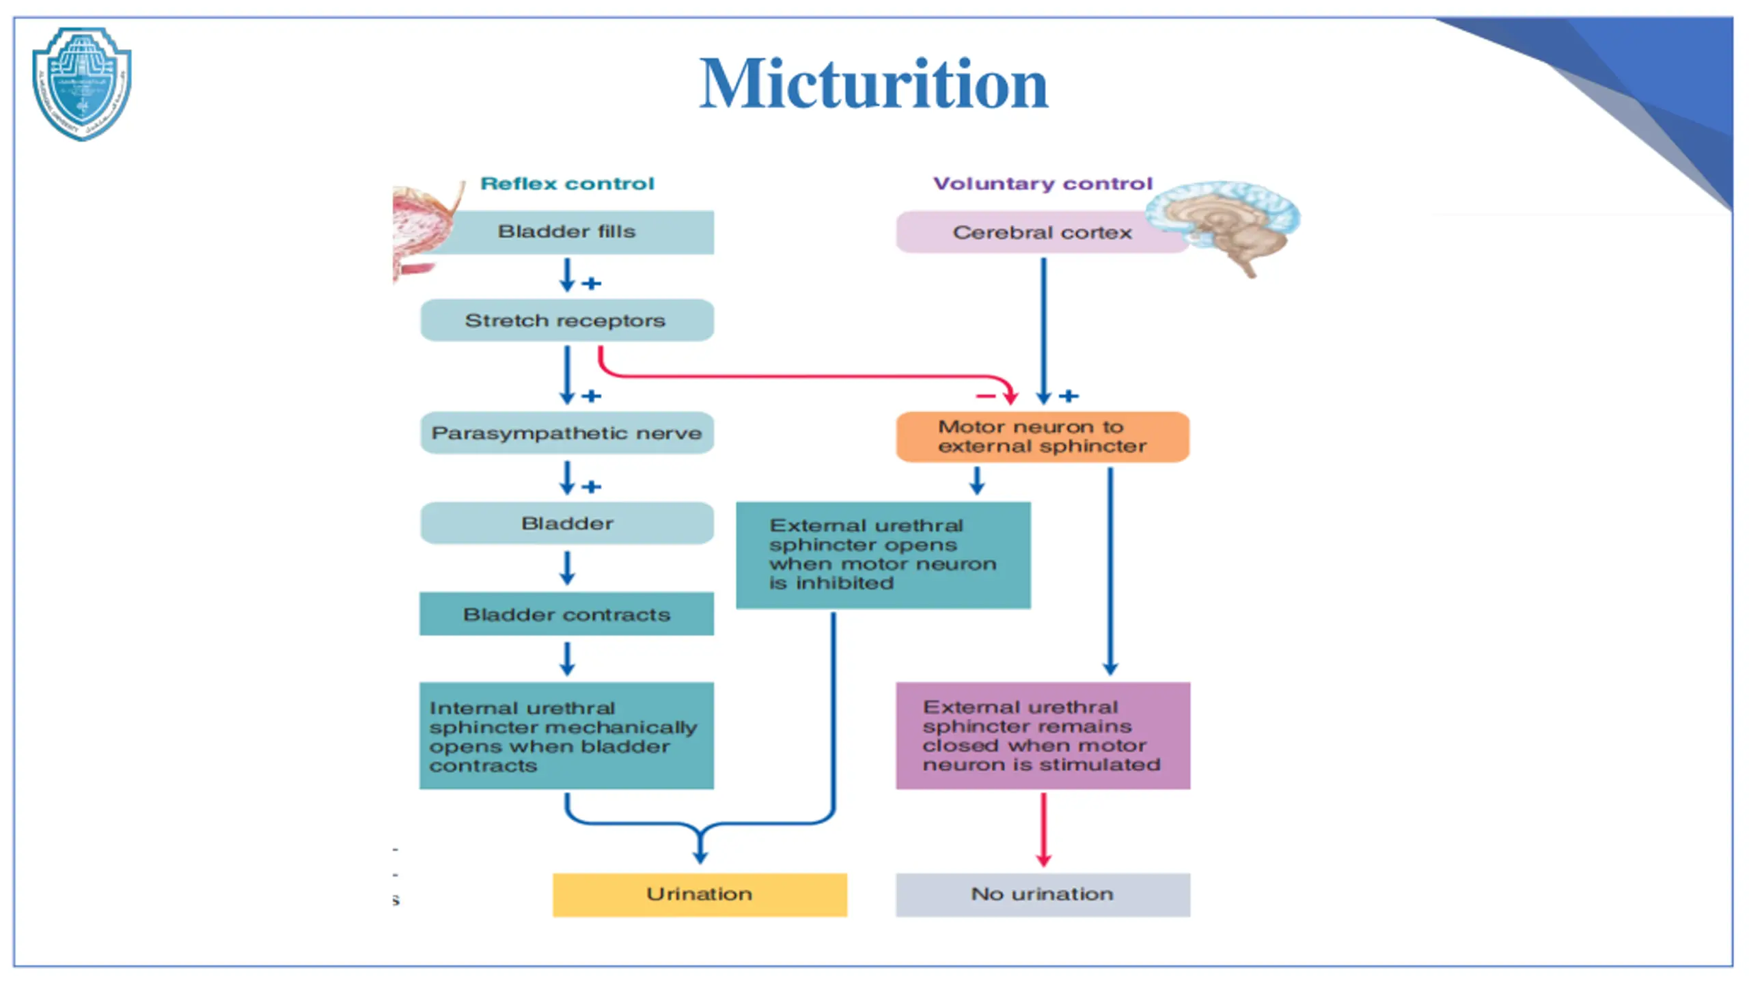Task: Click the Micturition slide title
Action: tap(873, 84)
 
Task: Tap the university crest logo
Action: tap(82, 83)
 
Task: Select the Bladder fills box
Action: tap(567, 232)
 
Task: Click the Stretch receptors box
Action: tap(567, 320)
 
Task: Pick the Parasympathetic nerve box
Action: tap(567, 433)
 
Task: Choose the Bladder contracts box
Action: tap(567, 614)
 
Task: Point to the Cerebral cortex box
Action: tap(1042, 232)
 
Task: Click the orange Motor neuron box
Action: tap(1043, 437)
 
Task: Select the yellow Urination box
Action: tap(700, 894)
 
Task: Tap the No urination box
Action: tap(1043, 894)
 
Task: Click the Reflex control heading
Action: tap(567, 183)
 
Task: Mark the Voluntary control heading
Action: tap(1043, 183)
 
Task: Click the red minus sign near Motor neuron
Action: tap(985, 396)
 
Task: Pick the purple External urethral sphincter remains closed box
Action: tap(1043, 735)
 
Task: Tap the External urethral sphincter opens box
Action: tap(883, 554)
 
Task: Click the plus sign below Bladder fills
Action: tap(592, 283)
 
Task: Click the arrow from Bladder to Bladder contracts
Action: tap(567, 568)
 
